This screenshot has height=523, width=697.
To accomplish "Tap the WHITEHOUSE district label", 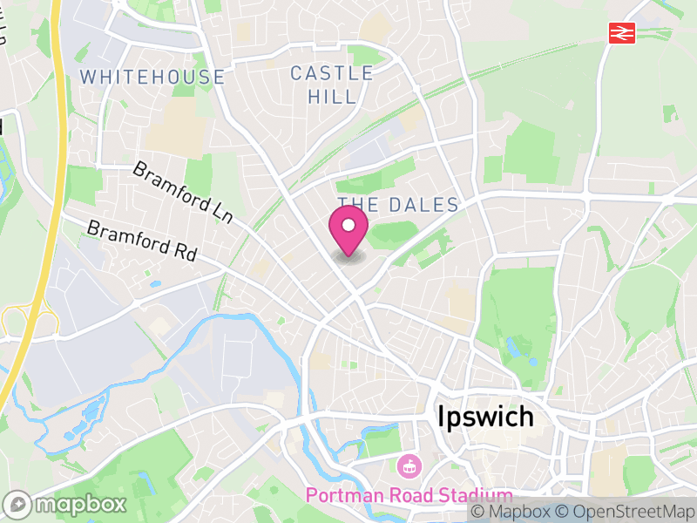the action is tap(152, 77).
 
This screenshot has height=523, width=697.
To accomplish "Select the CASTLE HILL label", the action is tap(332, 85).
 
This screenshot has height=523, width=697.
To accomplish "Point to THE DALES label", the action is tap(398, 205).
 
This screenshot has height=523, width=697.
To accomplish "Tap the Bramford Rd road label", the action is tap(142, 241).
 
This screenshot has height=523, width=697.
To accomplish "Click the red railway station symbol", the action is tap(622, 33).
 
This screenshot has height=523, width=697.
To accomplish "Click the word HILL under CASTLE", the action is tap(332, 96).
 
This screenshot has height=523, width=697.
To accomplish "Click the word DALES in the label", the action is tap(424, 205).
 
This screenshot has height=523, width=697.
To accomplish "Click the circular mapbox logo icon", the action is tap(17, 505).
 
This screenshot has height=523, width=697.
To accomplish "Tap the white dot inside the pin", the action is tap(348, 226).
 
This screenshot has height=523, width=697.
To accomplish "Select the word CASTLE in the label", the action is tap(332, 73).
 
